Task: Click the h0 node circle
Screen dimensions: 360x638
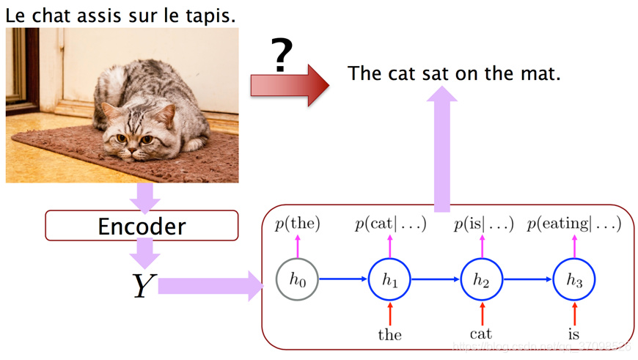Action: (297, 279)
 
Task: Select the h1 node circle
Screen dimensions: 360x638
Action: (389, 279)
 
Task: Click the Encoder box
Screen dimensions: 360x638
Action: (142, 226)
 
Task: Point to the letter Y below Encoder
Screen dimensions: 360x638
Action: (142, 285)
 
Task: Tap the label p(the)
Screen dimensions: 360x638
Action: (298, 224)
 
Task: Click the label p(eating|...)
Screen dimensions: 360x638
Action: (574, 224)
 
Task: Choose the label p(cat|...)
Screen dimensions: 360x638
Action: (390, 224)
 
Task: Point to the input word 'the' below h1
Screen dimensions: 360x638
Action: (389, 335)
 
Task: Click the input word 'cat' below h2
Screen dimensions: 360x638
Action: (481, 334)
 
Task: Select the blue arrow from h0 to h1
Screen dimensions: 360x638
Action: (343, 279)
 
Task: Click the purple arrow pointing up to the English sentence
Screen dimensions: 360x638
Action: (443, 147)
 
